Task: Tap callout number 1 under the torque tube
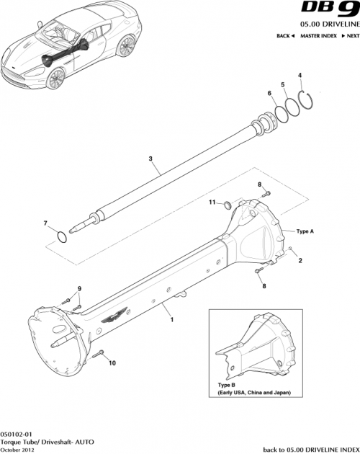pos(171,316)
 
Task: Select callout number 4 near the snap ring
pos(300,76)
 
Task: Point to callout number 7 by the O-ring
pos(45,223)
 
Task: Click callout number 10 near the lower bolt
pos(112,363)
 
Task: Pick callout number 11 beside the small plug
pos(212,204)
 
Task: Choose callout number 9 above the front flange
pos(79,289)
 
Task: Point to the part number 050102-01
pos(16,434)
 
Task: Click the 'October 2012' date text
pos(18,450)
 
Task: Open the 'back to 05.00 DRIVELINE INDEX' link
pos(310,449)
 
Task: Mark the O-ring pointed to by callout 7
pos(63,237)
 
